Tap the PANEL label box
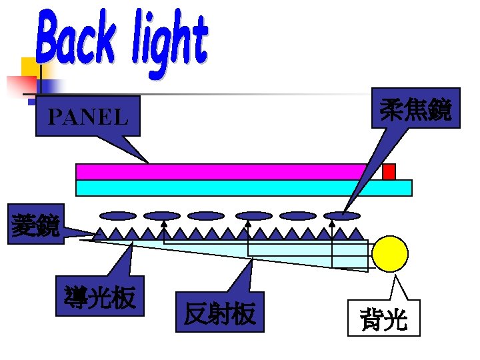(x=87, y=117)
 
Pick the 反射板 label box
(x=220, y=312)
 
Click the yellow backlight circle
(x=389, y=254)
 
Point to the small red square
(x=389, y=172)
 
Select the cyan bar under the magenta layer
(x=243, y=188)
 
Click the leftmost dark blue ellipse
(x=118, y=215)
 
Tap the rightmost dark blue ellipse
(x=342, y=215)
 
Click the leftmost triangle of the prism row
(x=99, y=234)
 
